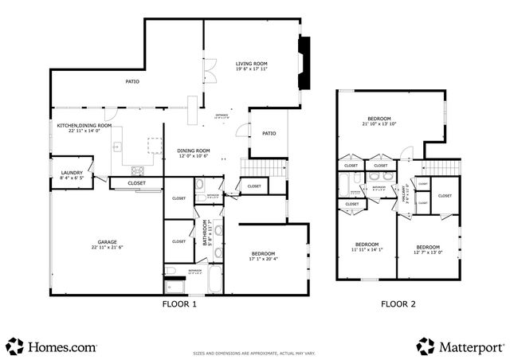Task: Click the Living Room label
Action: (x=251, y=66)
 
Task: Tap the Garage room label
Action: (x=110, y=244)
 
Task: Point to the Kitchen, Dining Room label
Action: (x=84, y=127)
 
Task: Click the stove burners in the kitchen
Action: (x=137, y=169)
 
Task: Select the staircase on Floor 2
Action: (x=441, y=167)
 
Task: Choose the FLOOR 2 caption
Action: (x=397, y=303)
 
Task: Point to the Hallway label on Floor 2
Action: (x=408, y=194)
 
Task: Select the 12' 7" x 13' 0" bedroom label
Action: (x=428, y=249)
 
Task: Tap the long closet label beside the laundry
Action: (x=136, y=182)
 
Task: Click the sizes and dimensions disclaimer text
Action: (x=254, y=352)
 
